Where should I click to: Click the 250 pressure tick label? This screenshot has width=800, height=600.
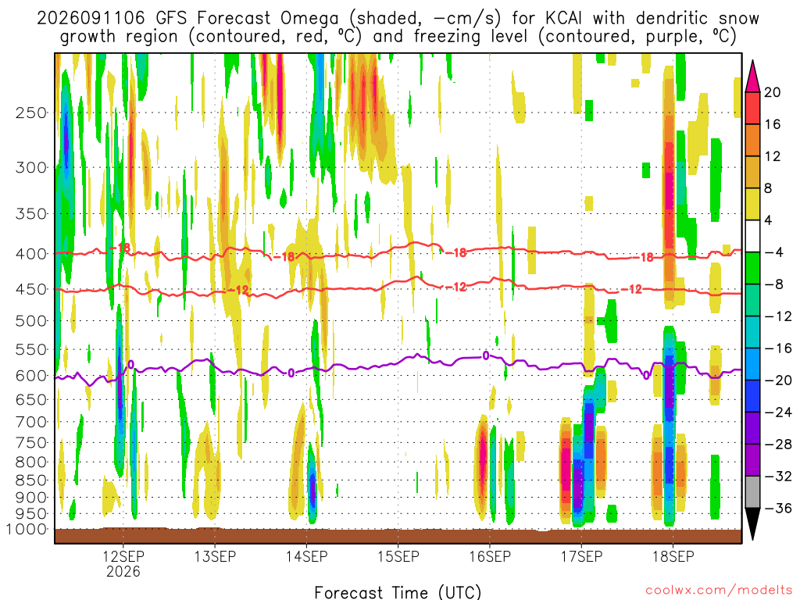31,112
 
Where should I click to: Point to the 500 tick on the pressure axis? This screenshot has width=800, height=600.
31,321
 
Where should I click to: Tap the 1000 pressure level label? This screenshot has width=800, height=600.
27,529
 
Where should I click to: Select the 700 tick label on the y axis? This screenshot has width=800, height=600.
31,422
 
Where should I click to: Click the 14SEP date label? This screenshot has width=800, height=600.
306,556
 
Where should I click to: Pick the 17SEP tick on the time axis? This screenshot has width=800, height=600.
581,556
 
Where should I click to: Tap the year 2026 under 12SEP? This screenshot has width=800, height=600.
123,571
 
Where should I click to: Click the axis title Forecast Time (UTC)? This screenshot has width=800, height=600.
398,592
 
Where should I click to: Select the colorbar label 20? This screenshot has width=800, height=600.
772,92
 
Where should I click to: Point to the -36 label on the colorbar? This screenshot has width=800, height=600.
777,508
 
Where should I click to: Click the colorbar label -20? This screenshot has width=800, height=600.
777,380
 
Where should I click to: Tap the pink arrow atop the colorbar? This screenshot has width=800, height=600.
752,77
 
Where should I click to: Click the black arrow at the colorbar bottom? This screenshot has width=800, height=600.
752,523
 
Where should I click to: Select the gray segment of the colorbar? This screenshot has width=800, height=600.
752,492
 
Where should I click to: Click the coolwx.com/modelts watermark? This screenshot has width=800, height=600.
719,591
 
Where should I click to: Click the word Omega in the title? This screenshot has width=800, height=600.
309,19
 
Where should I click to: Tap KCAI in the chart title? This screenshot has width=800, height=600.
563,19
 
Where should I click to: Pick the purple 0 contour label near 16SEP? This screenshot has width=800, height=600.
486,355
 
